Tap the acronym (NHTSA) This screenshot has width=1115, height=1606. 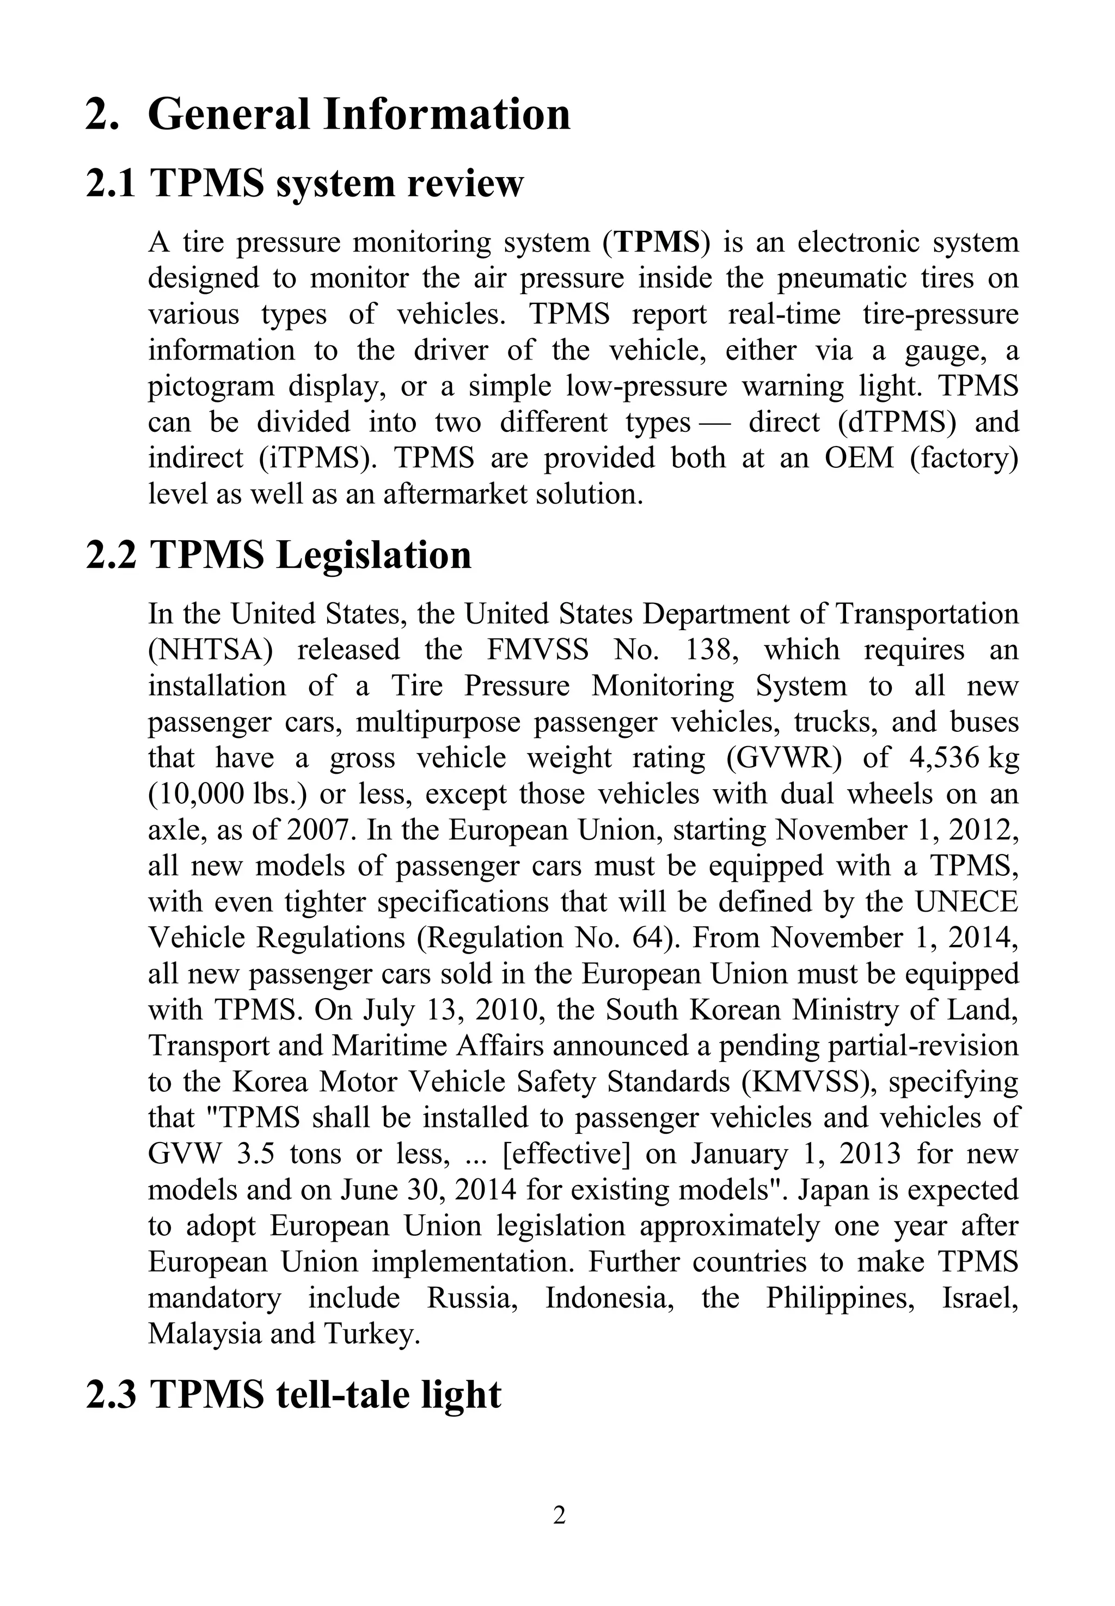pos(210,650)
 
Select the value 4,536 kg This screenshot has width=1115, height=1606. pos(965,758)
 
